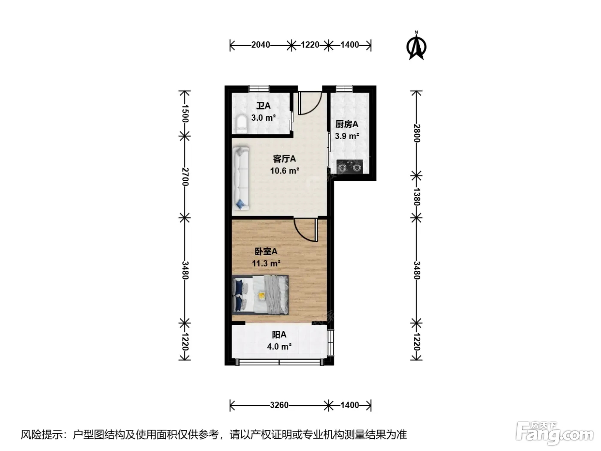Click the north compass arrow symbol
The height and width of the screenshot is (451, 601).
click(416, 46)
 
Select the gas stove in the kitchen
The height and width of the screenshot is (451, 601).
click(349, 166)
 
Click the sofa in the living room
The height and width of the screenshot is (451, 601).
click(241, 178)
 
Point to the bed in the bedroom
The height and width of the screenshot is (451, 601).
click(261, 295)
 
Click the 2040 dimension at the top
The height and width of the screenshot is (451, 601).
click(261, 45)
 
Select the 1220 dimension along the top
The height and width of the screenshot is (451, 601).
click(310, 45)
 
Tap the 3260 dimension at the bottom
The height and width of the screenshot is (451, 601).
click(279, 405)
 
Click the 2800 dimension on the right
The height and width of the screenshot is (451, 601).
click(416, 133)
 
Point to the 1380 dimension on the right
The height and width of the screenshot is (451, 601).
click(416, 197)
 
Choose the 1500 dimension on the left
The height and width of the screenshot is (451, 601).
click(185, 113)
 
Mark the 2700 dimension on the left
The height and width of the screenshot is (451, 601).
click(185, 177)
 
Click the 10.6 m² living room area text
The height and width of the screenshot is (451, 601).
click(285, 171)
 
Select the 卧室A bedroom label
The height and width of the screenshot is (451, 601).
click(266, 251)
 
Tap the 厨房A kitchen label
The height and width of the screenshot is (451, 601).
click(346, 124)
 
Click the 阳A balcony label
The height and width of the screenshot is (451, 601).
click(279, 335)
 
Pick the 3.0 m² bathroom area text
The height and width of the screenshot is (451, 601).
click(264, 118)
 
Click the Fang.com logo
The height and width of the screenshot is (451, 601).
click(555, 434)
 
